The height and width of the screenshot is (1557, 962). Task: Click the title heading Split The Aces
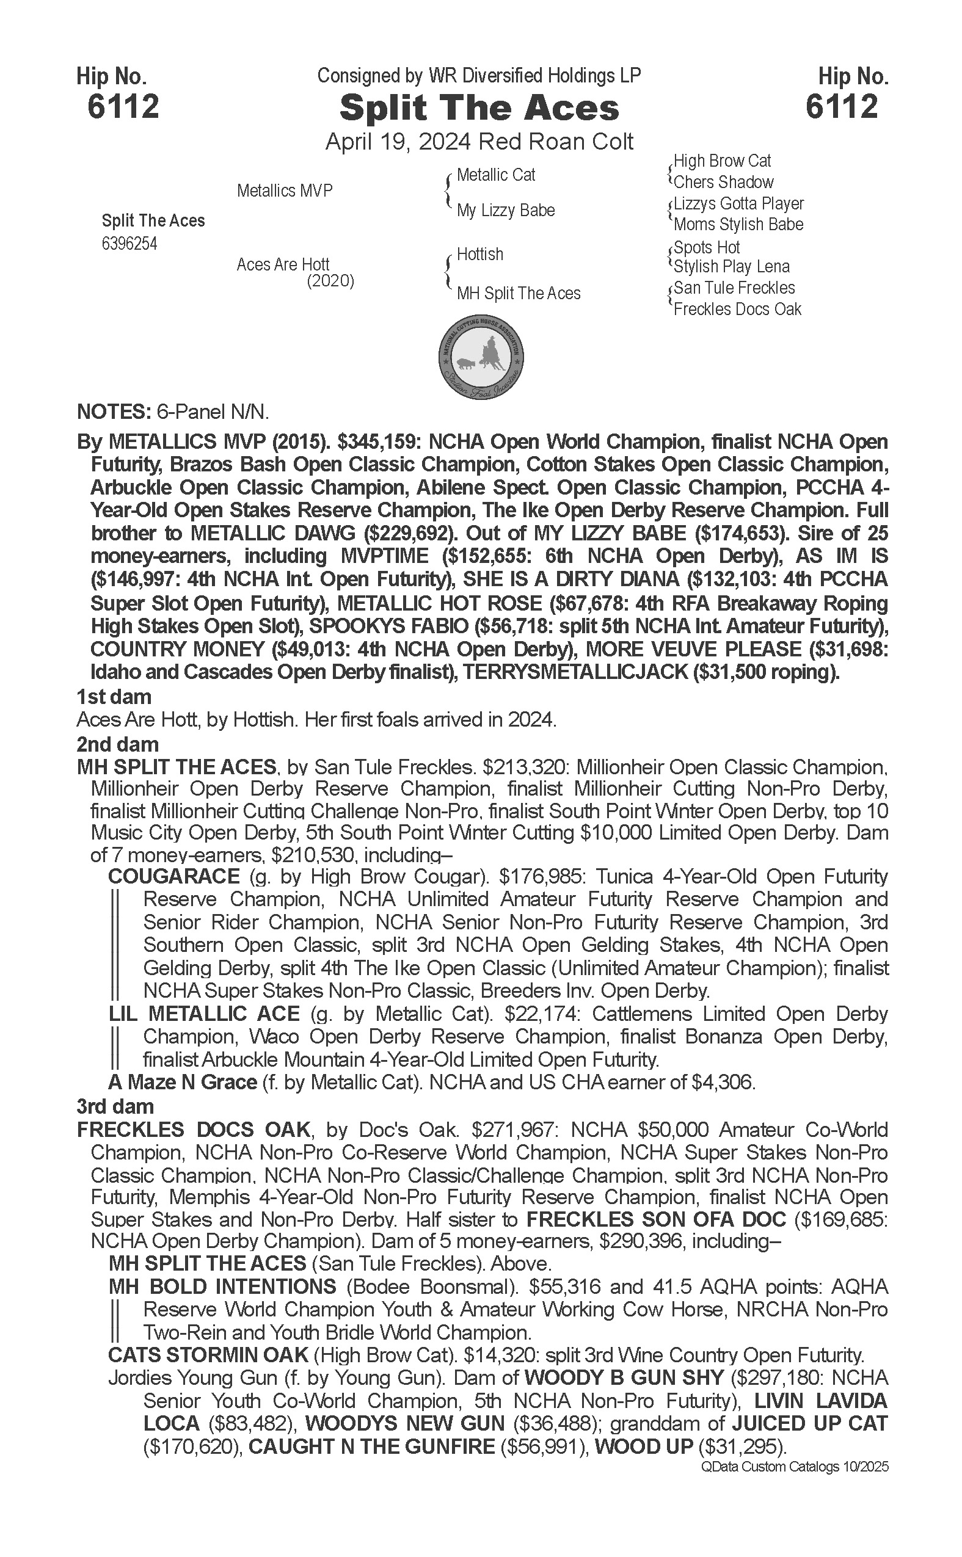pyautogui.click(x=479, y=108)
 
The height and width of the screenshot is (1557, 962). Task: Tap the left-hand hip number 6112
pyautogui.click(x=123, y=106)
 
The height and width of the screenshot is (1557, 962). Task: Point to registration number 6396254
pyautogui.click(x=129, y=244)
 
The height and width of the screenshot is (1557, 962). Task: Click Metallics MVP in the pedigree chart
pyautogui.click(x=285, y=191)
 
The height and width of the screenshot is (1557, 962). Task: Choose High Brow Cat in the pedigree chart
pyautogui.click(x=722, y=161)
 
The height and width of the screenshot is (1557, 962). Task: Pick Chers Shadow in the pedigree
pyautogui.click(x=723, y=183)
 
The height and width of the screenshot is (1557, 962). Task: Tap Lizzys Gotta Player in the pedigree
pyautogui.click(x=738, y=203)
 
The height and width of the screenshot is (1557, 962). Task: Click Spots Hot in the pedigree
pyautogui.click(x=707, y=247)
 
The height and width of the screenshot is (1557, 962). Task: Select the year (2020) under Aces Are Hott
pyautogui.click(x=330, y=281)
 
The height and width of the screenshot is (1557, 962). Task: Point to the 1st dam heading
pyautogui.click(x=114, y=697)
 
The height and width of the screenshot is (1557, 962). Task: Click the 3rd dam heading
pyautogui.click(x=115, y=1106)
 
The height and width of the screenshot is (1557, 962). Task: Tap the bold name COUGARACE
pyautogui.click(x=173, y=876)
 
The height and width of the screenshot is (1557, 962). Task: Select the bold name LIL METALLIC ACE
pyautogui.click(x=204, y=1014)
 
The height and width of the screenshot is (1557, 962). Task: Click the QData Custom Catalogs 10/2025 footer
pyautogui.click(x=794, y=1467)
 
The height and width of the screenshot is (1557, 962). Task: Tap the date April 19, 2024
pyautogui.click(x=398, y=141)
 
